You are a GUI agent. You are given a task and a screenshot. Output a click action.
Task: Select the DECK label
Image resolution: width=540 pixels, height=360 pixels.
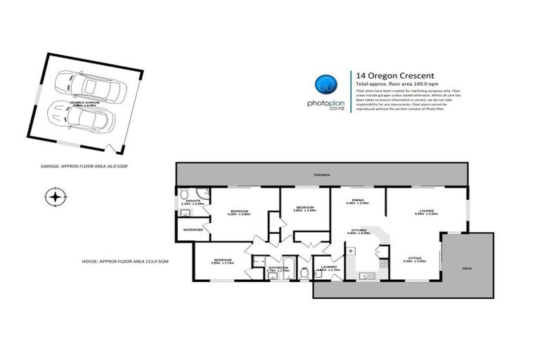coord(467,269)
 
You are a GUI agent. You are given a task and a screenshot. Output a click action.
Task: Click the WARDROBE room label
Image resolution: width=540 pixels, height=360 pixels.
coord(193,229)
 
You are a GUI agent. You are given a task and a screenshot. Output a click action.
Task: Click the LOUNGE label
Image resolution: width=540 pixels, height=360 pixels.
coord(425,210)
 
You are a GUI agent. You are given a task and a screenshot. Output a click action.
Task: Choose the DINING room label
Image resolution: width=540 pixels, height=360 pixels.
coord(358,200)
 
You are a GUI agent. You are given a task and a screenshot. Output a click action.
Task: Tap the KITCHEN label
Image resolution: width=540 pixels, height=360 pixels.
coord(361,230)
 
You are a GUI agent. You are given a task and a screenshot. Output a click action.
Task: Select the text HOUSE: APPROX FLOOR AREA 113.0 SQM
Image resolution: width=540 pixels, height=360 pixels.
coord(126,261)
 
